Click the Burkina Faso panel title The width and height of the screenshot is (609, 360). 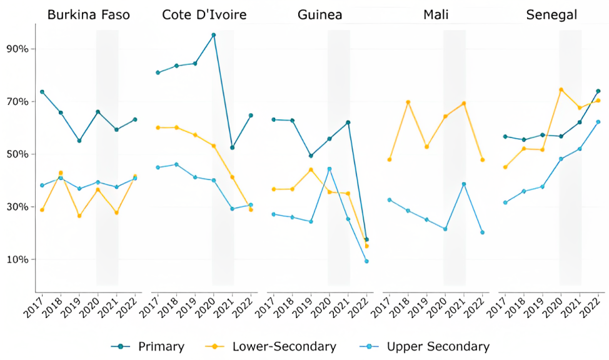point(88,14)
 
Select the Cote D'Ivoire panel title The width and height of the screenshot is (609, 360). point(204,14)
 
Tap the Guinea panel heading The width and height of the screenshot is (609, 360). point(320,14)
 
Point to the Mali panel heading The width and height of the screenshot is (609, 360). point(436,14)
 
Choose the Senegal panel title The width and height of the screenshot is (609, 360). point(551,14)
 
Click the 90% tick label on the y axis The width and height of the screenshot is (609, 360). point(18,49)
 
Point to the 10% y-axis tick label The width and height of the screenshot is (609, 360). point(18,259)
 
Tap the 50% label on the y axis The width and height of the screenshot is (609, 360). point(18,154)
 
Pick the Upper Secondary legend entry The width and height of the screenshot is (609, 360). point(438,347)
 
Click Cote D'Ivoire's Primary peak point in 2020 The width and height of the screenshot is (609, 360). point(214,35)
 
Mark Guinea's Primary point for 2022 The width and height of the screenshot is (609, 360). point(366,239)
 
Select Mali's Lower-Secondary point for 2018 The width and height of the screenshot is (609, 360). point(408,102)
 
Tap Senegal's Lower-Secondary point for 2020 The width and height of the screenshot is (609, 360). point(561,89)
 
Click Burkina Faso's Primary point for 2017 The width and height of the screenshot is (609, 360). point(42,92)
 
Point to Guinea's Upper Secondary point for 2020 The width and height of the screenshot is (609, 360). point(330,169)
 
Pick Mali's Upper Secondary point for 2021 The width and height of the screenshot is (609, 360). point(464,184)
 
